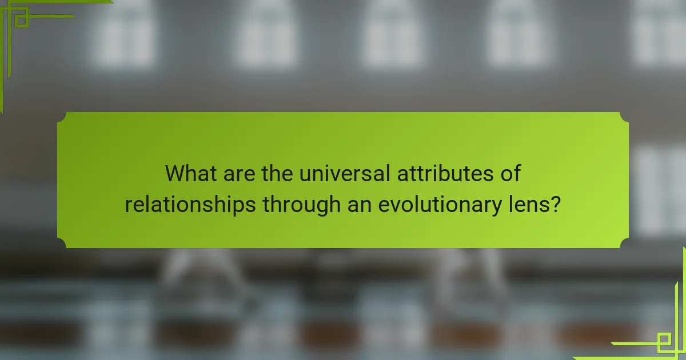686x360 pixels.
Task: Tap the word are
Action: pyautogui.click(x=236, y=173)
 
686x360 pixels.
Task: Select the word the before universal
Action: pyautogui.click(x=277, y=173)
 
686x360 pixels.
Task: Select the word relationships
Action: pyautogui.click(x=190, y=204)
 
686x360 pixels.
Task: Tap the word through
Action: pyautogui.click(x=300, y=204)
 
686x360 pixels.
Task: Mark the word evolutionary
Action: pyautogui.click(x=439, y=204)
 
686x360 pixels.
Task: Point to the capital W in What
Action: pyautogui.click(x=175, y=173)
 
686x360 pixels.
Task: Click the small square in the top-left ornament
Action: pyautogui.click(x=21, y=21)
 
